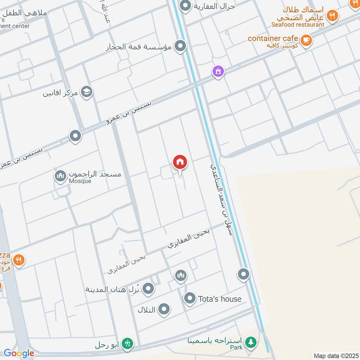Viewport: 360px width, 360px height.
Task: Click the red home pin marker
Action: pyautogui.click(x=180, y=162)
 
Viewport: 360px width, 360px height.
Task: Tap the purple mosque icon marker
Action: pyautogui.click(x=218, y=71)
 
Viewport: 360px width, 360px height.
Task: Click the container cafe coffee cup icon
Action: pyautogui.click(x=306, y=40)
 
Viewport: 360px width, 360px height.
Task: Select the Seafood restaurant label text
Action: pyautogui.click(x=297, y=24)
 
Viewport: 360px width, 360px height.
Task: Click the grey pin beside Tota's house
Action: pyautogui.click(x=190, y=298)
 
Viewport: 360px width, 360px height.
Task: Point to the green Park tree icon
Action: pyautogui.click(x=251, y=342)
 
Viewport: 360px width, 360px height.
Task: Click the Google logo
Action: pyautogui.click(x=18, y=353)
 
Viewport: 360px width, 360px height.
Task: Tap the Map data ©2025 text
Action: pyautogui.click(x=336, y=355)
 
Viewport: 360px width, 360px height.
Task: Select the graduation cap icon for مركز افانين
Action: pyautogui.click(x=87, y=92)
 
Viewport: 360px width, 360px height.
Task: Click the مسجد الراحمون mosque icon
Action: pyautogui.click(x=60, y=175)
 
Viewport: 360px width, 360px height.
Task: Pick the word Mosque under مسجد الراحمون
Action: pyautogui.click(x=80, y=181)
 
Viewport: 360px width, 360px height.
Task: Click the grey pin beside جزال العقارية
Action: pyautogui.click(x=185, y=6)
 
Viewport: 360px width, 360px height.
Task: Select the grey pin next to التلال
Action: pyautogui.click(x=164, y=309)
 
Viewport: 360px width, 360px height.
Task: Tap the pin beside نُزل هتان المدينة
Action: pyautogui.click(x=149, y=288)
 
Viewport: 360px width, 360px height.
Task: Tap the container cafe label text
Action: pyautogui.click(x=273, y=39)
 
